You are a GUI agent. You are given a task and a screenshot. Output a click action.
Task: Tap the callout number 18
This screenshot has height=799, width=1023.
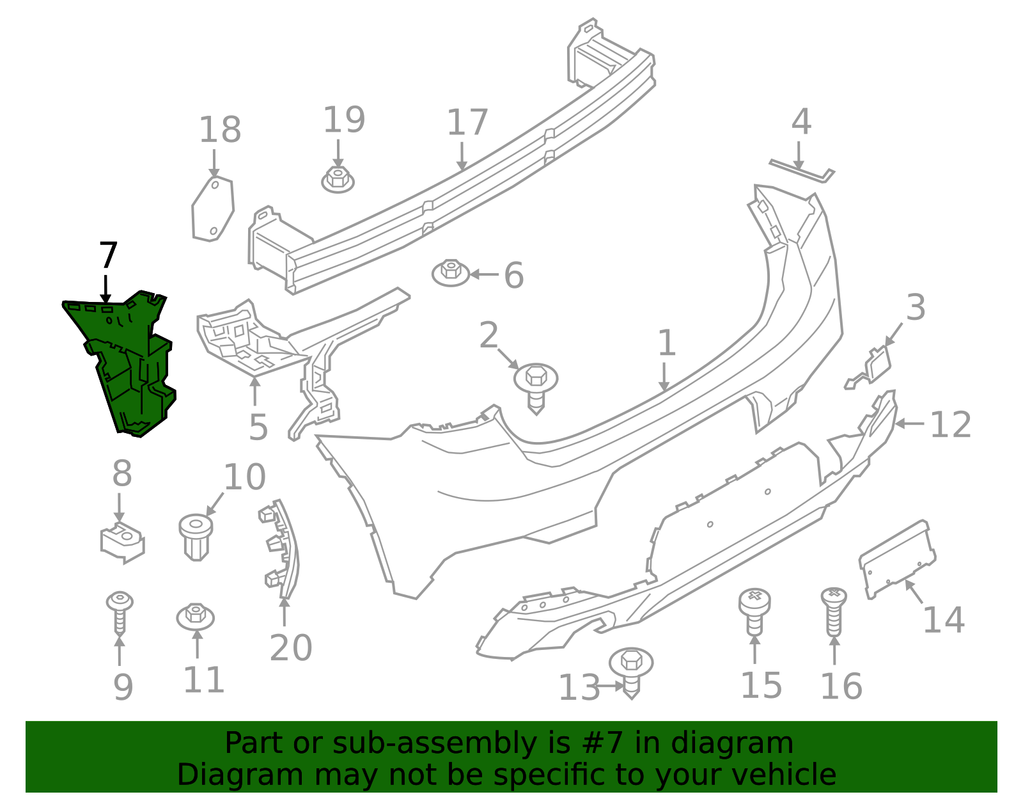(x=220, y=130)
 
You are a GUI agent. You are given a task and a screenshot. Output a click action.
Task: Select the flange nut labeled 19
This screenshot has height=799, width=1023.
(x=338, y=180)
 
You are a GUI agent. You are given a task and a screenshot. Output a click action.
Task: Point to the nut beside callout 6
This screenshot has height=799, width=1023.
(x=451, y=273)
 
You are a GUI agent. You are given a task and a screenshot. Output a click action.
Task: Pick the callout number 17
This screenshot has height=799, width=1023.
(x=467, y=122)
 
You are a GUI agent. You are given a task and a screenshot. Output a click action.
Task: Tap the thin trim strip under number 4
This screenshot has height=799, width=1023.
(x=802, y=171)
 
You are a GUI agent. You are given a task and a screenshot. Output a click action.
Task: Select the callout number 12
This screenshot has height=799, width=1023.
(x=950, y=425)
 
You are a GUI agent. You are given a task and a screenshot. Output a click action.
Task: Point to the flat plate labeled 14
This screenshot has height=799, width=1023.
(x=897, y=559)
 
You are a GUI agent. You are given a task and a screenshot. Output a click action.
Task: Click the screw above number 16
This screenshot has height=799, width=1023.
(x=834, y=612)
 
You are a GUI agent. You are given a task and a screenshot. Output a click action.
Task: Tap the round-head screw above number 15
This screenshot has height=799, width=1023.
(x=754, y=612)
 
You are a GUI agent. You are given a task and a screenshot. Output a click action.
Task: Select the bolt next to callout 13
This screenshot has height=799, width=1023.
(x=631, y=673)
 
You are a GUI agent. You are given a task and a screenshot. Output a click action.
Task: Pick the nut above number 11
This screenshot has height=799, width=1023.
(x=196, y=617)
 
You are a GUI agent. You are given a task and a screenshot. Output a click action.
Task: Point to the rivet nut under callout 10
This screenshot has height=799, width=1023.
(x=196, y=537)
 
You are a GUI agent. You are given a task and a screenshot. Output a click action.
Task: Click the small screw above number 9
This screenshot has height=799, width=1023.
(x=120, y=612)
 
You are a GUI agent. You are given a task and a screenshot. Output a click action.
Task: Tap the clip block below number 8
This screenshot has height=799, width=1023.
(x=122, y=543)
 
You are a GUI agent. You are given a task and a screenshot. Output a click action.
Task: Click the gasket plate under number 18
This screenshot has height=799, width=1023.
(x=213, y=209)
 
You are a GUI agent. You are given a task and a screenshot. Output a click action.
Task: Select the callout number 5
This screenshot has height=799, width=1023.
(x=258, y=427)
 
